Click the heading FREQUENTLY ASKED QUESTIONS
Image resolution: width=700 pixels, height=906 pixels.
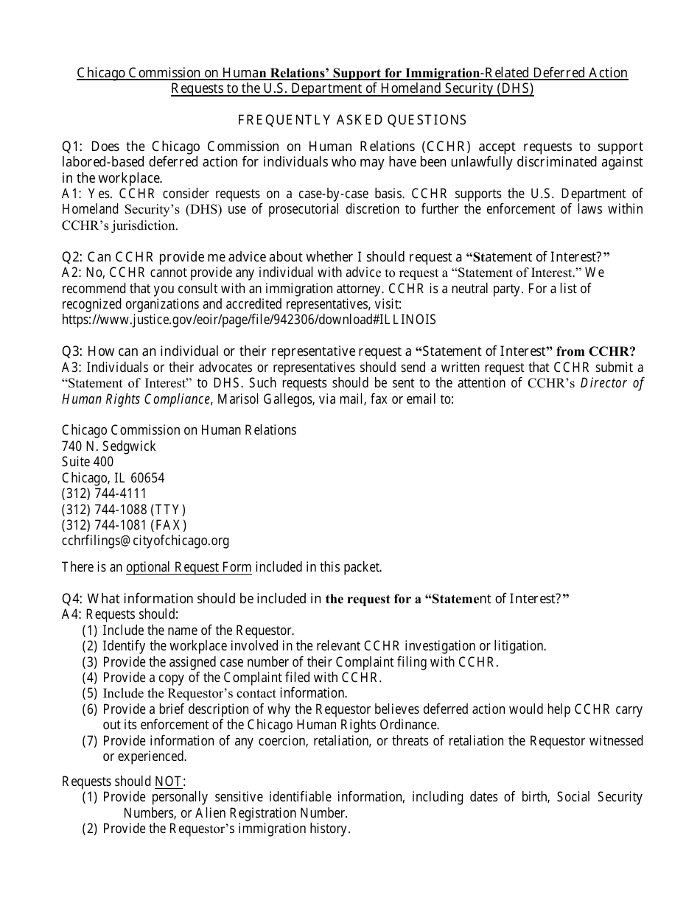tap(351, 119)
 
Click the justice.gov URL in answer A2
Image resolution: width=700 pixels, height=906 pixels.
tap(249, 320)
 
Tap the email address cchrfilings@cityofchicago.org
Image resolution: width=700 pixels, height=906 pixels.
tap(145, 541)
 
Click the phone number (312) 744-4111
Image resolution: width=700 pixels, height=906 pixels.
tap(105, 494)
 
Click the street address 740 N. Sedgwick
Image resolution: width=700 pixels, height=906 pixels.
tap(109, 446)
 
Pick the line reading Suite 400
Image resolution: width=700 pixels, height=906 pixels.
tap(88, 462)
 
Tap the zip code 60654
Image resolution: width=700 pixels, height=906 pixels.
tap(148, 477)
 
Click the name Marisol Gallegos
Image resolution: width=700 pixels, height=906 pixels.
tap(259, 398)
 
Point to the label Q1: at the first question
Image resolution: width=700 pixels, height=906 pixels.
tap(74, 146)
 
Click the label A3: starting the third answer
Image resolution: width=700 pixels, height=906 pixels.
tap(72, 367)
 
